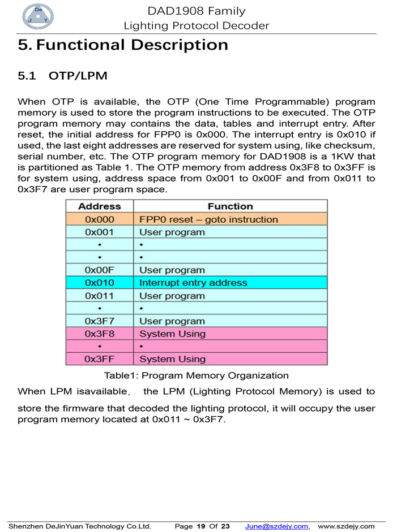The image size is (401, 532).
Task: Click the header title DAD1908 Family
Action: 197,11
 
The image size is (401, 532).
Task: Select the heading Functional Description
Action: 123,45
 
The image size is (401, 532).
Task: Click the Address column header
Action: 99,206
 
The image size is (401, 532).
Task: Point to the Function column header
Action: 230,206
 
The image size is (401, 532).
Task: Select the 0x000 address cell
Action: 99,219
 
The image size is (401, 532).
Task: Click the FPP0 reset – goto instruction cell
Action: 208,219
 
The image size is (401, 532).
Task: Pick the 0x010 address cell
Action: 99,283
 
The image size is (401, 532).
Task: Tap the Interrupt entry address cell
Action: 193,283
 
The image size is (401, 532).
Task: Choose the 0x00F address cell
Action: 99,270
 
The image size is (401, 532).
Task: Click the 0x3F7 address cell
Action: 99,321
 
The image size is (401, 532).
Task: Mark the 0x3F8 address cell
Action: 99,334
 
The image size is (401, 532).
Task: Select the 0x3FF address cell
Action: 99,359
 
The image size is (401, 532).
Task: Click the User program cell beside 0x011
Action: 172,296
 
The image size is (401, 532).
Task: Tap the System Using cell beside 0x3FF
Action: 172,359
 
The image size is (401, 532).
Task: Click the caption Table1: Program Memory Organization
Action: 196,375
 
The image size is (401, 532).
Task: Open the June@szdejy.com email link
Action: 276,526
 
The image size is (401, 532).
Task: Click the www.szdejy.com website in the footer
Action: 347,526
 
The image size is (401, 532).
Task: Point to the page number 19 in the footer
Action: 200,526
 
